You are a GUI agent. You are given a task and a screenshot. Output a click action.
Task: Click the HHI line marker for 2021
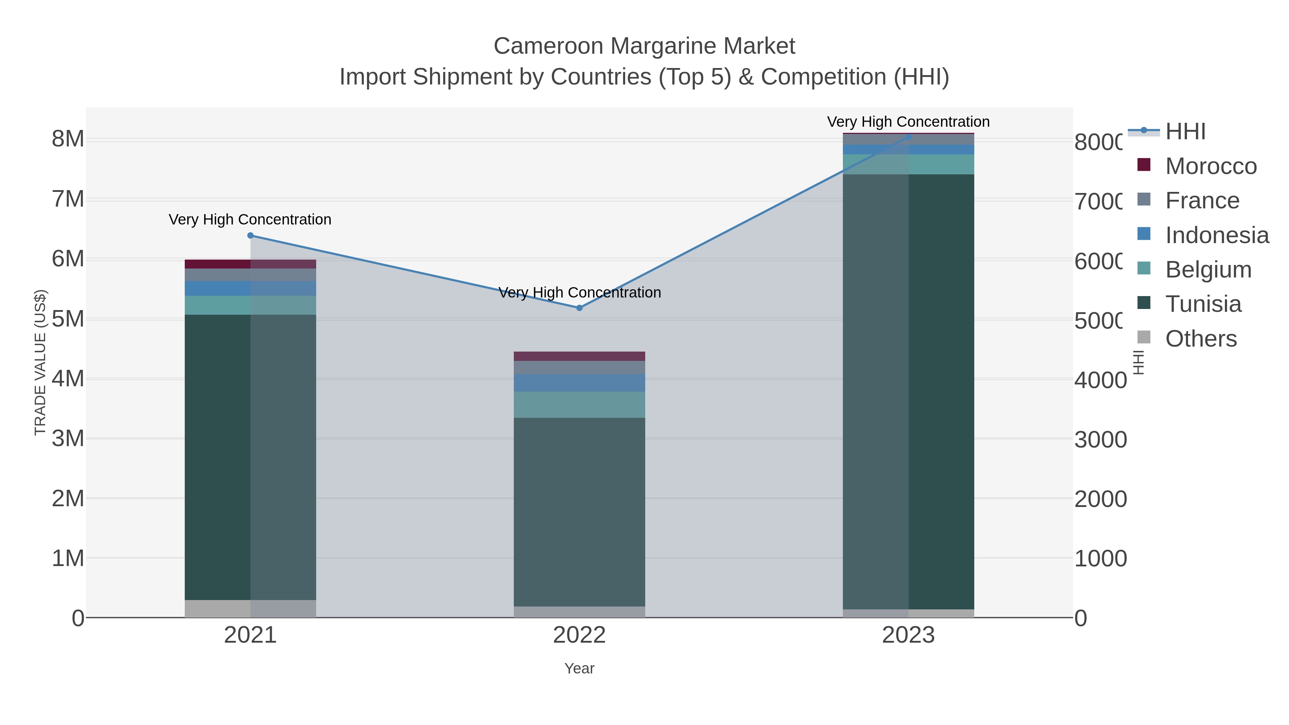(x=251, y=236)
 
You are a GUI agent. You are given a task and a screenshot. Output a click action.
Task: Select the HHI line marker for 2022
(x=579, y=308)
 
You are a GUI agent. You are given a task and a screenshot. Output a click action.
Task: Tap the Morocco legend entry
(x=1211, y=166)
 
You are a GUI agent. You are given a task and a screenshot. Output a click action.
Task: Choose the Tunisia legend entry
(x=1203, y=304)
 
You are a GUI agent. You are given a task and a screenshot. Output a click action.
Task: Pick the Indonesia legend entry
(x=1216, y=235)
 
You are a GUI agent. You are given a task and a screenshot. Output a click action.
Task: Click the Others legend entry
(x=1201, y=339)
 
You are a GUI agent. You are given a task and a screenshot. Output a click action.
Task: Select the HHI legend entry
(x=1185, y=132)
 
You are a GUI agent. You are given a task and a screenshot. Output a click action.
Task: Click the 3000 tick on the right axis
(x=1100, y=440)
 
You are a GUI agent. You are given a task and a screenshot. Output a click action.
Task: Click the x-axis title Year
(x=579, y=668)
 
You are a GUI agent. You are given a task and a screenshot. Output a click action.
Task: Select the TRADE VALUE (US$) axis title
(x=40, y=363)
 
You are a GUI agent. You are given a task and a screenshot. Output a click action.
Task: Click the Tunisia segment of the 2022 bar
(x=579, y=512)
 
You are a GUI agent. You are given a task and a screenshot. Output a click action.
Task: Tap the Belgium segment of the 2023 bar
(x=908, y=164)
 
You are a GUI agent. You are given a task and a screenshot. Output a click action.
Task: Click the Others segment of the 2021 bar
(x=250, y=608)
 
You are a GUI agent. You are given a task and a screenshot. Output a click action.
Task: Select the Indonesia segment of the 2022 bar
(x=579, y=383)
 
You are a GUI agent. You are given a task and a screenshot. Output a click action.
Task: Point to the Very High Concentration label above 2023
(x=908, y=122)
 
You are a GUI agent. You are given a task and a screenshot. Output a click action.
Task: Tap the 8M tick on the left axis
(x=68, y=139)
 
